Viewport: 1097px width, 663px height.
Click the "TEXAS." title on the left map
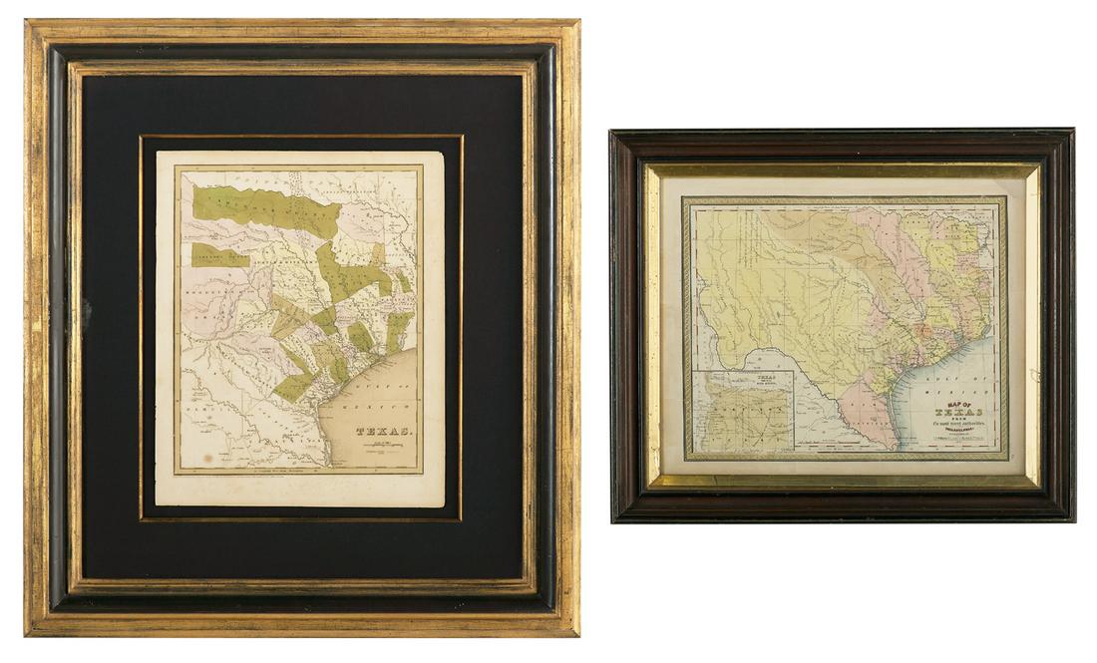[x=384, y=431]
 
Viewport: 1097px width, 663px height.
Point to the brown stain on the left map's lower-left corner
[x=207, y=460]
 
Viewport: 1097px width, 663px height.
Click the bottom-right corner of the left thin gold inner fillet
[x=461, y=518]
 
